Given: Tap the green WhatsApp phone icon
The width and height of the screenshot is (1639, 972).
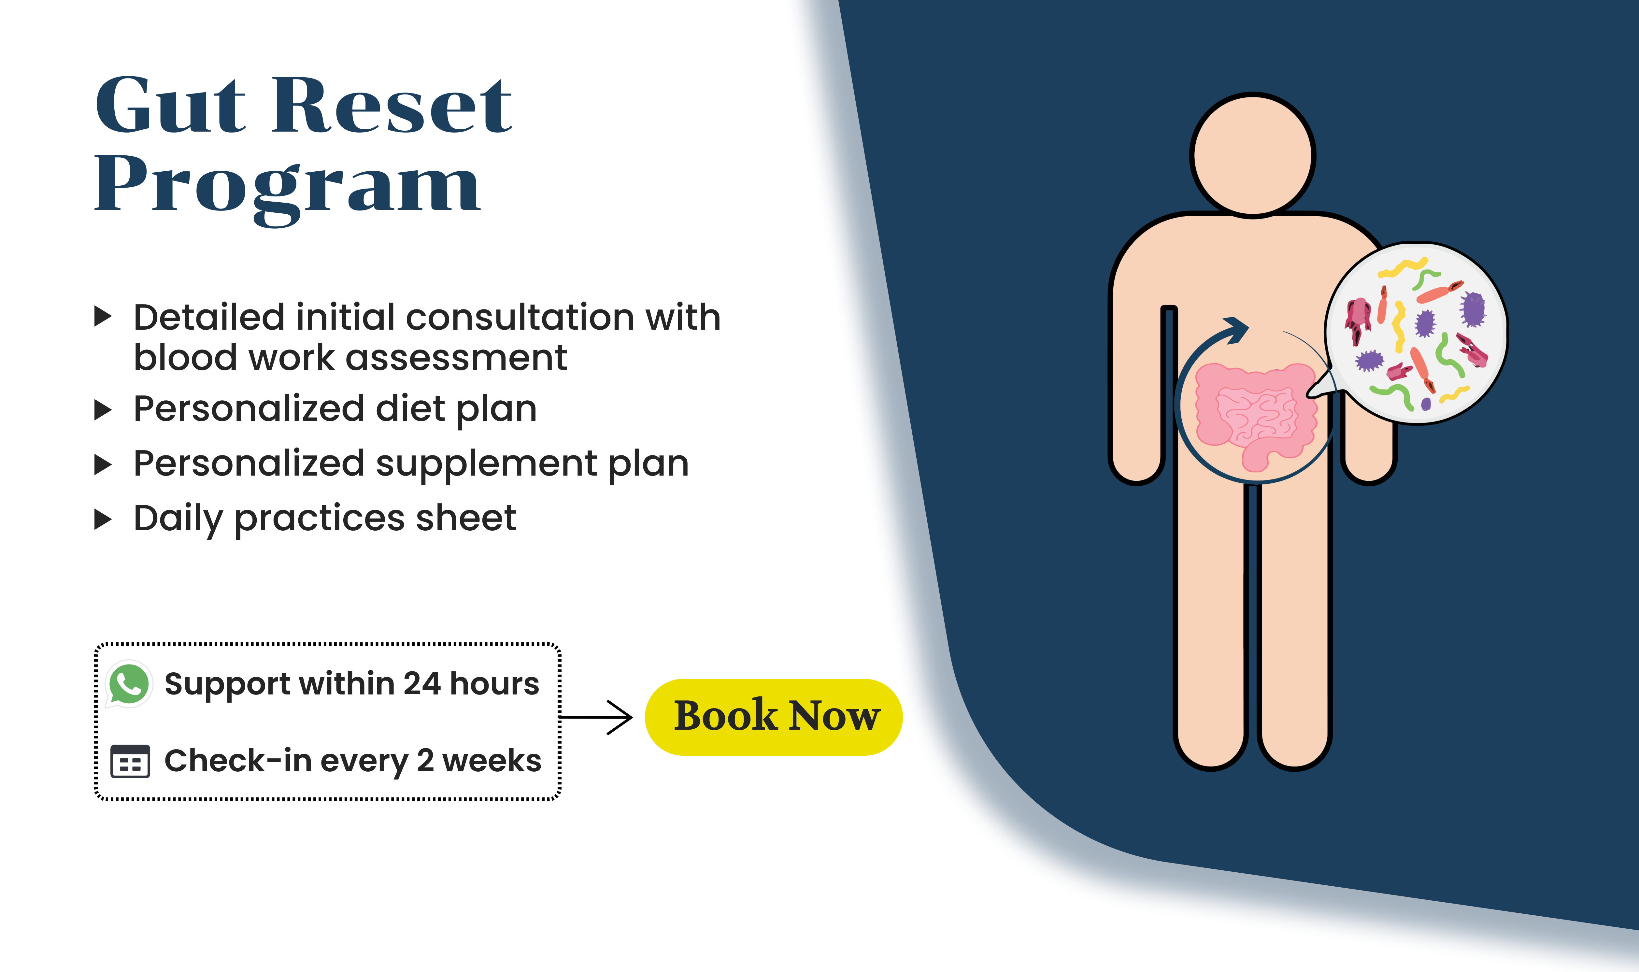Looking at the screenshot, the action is point(129,684).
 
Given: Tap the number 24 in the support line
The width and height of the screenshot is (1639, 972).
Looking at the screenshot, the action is point(422,684).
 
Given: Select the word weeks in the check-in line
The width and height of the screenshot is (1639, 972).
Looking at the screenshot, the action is point(492,761).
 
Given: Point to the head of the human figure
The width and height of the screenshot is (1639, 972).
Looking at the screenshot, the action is point(1253,155).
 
